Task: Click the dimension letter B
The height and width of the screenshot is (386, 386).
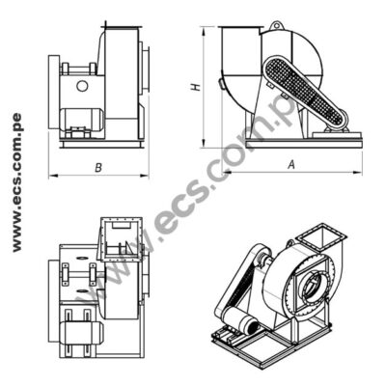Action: click(97, 168)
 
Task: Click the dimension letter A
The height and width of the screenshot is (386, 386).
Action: click(290, 165)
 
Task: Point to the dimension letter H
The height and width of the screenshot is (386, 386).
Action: click(196, 87)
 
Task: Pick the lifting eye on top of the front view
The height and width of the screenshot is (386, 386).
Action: click(277, 26)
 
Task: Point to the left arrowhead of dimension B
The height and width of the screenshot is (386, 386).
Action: click(51, 175)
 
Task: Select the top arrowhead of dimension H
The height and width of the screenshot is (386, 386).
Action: click(205, 30)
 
